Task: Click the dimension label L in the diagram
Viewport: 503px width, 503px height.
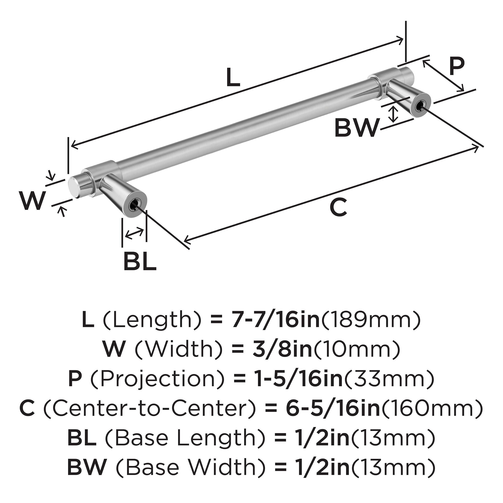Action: pyautogui.click(x=233, y=77)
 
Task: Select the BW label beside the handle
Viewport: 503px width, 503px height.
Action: pyautogui.click(x=356, y=128)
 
